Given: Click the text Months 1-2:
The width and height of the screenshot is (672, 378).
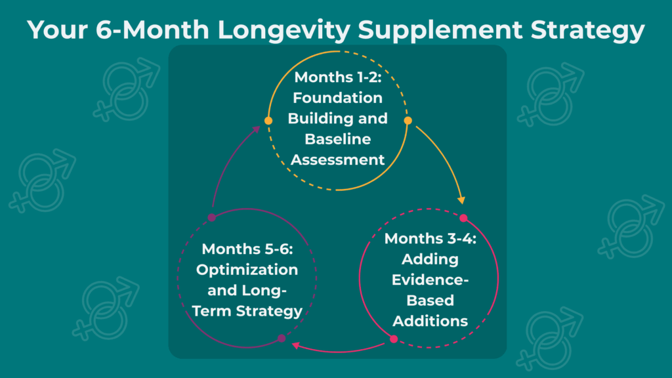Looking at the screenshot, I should click(x=338, y=77).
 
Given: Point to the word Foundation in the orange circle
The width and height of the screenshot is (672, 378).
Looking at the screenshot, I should click(x=338, y=98).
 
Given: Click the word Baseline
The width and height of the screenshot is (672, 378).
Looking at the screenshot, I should click(x=338, y=139).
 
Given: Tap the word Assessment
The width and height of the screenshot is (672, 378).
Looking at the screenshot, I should click(x=338, y=159).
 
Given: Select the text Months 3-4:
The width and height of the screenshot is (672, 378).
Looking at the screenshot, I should click(x=430, y=238).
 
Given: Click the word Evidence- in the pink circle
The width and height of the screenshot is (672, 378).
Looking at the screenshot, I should click(x=430, y=280).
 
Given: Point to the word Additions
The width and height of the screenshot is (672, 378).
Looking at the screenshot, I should click(x=430, y=321).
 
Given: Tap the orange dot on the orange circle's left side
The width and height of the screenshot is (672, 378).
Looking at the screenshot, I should click(x=268, y=121).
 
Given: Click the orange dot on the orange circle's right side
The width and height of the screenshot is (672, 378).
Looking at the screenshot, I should click(x=408, y=121).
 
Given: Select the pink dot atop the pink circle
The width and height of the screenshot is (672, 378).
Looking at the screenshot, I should click(x=463, y=218).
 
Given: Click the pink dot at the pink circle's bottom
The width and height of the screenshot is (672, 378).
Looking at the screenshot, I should click(x=394, y=339).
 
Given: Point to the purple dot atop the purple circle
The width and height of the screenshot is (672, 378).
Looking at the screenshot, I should click(x=211, y=217).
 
